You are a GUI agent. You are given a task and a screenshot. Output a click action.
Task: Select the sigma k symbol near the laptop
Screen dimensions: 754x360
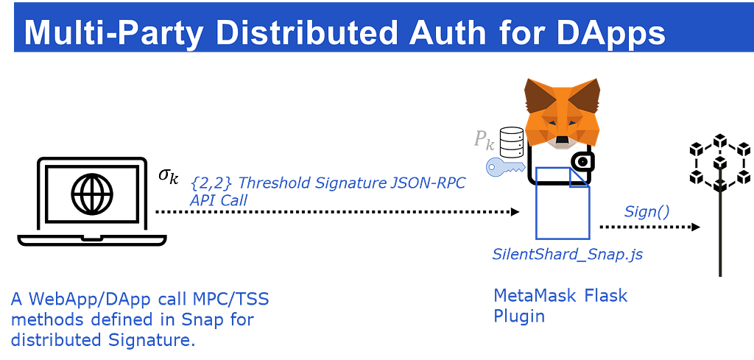(169, 177)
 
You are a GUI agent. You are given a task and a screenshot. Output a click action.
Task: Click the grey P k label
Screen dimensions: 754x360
(484, 139)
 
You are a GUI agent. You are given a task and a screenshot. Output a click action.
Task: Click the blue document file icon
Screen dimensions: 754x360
(563, 203)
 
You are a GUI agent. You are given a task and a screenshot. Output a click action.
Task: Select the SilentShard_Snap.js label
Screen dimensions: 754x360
(568, 254)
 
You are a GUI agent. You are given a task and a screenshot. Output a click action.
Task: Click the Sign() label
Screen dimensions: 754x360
(646, 211)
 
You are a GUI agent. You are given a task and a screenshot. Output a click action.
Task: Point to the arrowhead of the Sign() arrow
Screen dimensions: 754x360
(695, 227)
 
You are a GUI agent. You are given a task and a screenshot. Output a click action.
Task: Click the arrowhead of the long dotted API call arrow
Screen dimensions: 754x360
(515, 211)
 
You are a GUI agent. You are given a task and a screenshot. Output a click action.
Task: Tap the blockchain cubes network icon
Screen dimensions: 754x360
(720, 161)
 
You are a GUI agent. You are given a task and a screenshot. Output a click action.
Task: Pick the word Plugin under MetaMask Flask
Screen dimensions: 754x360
(519, 317)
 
